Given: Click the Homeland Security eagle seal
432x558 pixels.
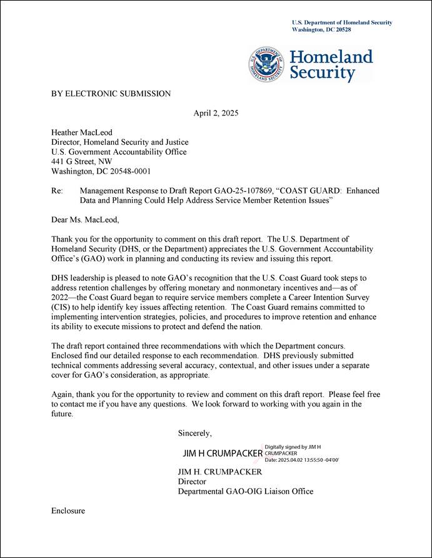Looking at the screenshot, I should tap(268, 64).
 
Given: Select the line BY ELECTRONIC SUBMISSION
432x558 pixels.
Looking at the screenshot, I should tap(111, 94).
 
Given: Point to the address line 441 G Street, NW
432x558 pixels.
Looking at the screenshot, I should tap(82, 161).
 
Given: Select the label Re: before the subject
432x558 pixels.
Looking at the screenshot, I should tap(57, 190).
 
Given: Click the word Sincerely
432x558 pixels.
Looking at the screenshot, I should tap(195, 433).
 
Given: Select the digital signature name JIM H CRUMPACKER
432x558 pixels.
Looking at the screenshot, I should tap(222, 453).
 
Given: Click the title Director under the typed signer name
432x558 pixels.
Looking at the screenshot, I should tap(192, 481).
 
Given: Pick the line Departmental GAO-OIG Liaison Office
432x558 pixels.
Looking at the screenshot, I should tap(246, 491).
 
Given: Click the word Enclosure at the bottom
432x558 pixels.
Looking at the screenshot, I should tap(68, 511).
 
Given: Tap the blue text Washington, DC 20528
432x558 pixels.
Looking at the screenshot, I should tap(321, 29).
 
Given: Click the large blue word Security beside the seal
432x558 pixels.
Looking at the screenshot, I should tap(322, 73).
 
